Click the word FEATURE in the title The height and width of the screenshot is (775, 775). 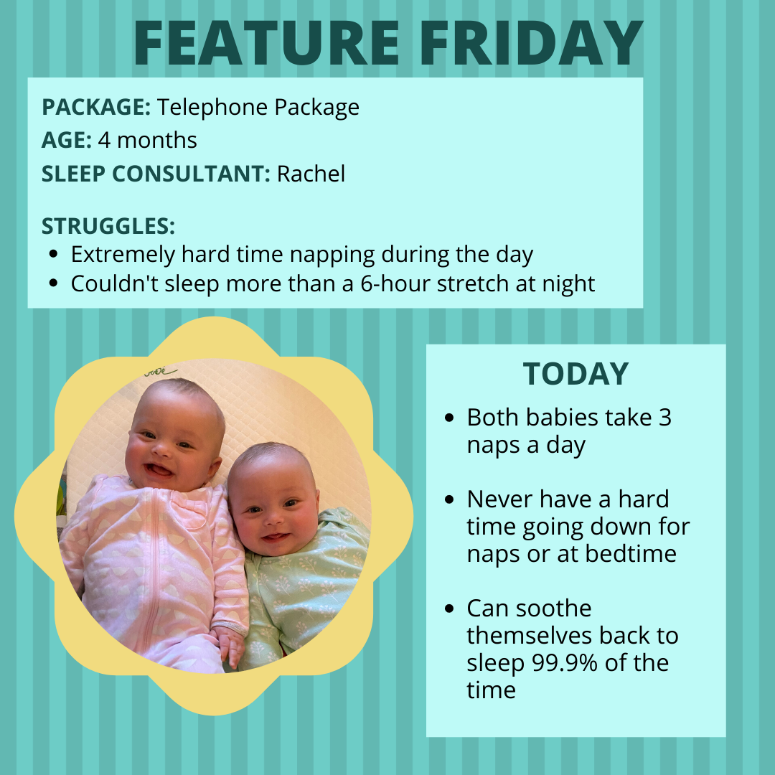click(266, 43)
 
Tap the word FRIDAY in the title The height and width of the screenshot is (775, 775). click(531, 43)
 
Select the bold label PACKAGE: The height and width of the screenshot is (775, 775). click(96, 107)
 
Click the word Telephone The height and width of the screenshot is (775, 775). click(212, 108)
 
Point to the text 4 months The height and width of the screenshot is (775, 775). click(147, 141)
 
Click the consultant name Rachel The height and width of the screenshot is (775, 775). click(311, 174)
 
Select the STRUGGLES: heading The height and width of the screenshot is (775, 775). click(108, 226)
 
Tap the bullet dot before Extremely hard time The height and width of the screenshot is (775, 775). click(54, 255)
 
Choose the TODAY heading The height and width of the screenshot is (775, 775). click(576, 374)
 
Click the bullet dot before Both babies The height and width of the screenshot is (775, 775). click(449, 418)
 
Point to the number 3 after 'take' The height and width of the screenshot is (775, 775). click(664, 418)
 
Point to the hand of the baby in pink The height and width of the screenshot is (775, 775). click(230, 645)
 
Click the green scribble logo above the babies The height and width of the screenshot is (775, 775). click(160, 371)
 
